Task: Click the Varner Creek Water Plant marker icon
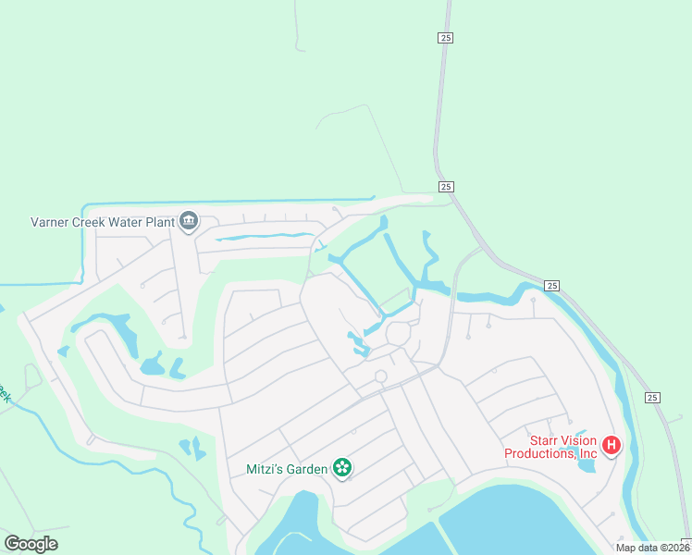click(x=189, y=221)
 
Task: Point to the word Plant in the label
click(x=158, y=222)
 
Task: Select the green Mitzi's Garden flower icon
click(x=342, y=468)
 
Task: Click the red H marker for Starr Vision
click(x=611, y=446)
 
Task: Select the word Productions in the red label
click(x=540, y=453)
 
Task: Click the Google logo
click(x=31, y=544)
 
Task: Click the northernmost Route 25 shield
click(x=446, y=37)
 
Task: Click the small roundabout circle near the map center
click(x=380, y=376)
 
